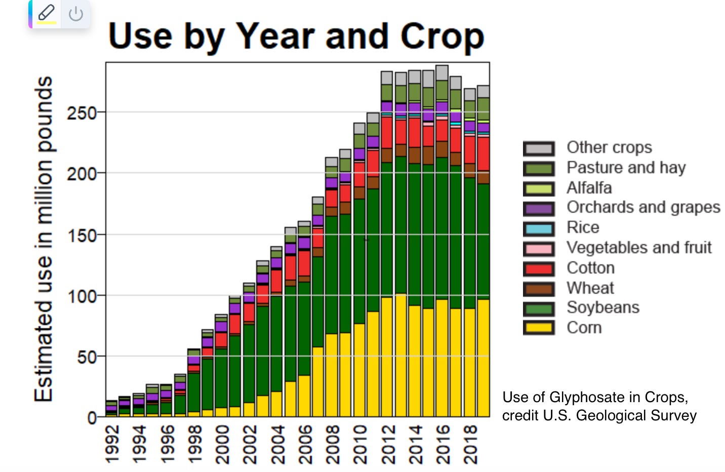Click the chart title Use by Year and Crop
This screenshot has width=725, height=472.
296,36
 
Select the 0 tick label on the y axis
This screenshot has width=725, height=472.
92,418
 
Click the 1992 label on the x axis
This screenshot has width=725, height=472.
112,444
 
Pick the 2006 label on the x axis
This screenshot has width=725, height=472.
304,444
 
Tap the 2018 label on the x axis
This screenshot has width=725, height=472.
470,444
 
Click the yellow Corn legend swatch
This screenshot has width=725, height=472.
539,328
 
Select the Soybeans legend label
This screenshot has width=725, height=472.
602,307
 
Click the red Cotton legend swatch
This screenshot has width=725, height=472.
539,268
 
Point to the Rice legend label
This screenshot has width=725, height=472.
583,227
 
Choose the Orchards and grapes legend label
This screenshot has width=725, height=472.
643,207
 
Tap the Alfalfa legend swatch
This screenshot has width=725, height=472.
539,188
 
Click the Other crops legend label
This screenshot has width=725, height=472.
609,147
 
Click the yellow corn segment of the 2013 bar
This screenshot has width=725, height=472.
400,355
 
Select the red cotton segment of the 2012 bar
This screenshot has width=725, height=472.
387,133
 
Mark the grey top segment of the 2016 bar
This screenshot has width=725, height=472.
442,72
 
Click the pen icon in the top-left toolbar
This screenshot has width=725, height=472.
46,13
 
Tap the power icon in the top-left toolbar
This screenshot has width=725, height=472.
76,14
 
